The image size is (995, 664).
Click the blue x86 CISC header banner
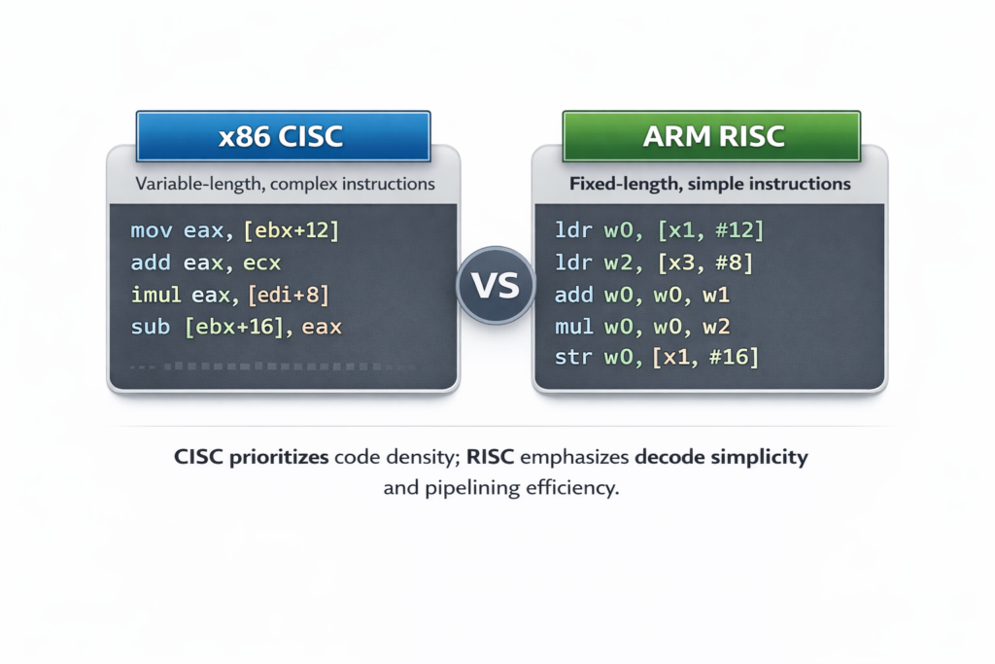pos(282,136)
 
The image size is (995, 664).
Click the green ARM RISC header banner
pos(712,136)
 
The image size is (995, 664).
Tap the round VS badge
pos(496,285)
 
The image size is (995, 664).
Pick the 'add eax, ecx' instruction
pos(205,262)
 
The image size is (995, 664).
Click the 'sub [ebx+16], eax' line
pos(236,327)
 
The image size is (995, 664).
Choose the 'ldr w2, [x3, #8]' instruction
pos(653,262)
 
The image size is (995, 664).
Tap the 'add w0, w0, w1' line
pos(641,295)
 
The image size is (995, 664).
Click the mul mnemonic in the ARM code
pos(573,327)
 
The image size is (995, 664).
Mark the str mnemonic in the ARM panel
pos(573,358)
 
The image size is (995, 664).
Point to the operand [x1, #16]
pos(705,358)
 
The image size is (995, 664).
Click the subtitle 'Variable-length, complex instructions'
pos(285,183)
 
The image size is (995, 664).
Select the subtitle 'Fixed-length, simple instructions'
pos(709,183)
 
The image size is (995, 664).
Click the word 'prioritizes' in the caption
pos(279,457)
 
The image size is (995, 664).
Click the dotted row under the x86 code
pos(272,367)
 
